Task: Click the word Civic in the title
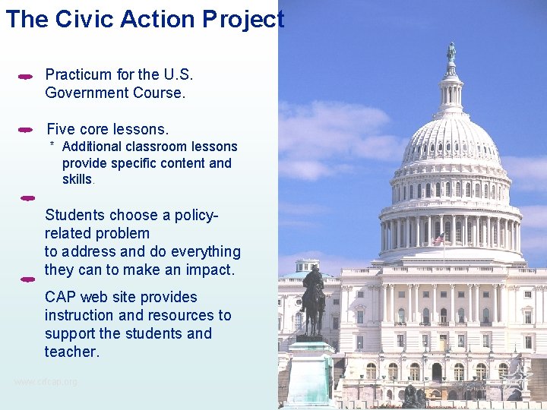81,19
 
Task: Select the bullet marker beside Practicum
25,77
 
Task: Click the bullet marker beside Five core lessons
25,130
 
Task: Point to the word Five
62,129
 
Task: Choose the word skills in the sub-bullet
77,179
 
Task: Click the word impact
209,270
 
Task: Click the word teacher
71,352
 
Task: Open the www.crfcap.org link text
46,381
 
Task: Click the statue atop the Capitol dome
451,52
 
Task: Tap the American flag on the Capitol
438,238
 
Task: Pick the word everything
203,251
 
